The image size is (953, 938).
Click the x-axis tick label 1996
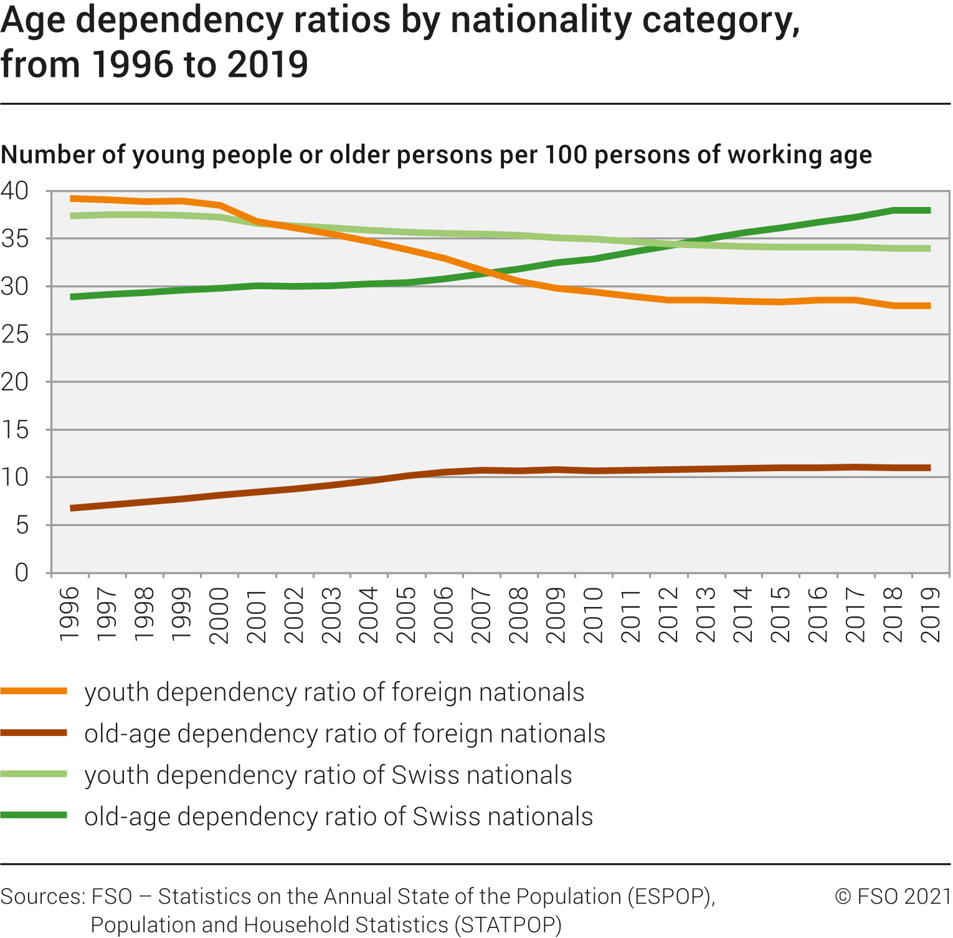(70, 614)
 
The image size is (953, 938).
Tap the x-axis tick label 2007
(481, 614)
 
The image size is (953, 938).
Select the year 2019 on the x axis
(931, 614)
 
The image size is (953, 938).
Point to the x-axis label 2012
(668, 614)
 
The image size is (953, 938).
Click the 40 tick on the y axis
(15, 191)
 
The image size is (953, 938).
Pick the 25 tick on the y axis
(15, 335)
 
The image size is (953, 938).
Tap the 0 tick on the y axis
(22, 572)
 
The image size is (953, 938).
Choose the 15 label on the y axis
(15, 430)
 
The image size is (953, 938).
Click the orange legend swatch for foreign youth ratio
(34, 691)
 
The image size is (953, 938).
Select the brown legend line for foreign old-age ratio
(34, 732)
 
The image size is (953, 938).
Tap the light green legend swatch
(34, 774)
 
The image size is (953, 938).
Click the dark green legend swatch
(34, 815)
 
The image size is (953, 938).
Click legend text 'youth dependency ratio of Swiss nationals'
(328, 775)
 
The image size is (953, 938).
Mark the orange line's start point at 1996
(72, 198)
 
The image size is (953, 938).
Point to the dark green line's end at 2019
(929, 211)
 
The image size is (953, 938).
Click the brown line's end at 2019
(929, 467)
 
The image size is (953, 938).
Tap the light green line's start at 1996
(72, 216)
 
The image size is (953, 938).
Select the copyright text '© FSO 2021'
(893, 896)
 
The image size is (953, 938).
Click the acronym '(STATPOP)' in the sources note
(508, 924)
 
